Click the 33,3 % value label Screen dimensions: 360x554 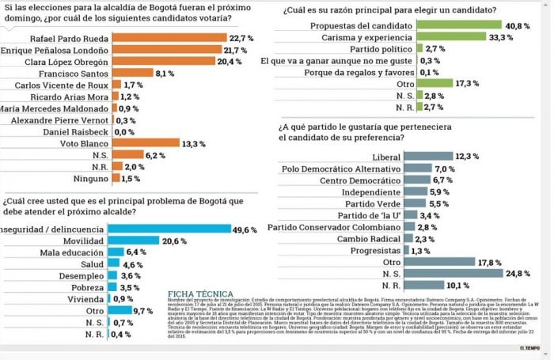tap(496, 37)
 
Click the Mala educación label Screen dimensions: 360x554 tap(70, 252)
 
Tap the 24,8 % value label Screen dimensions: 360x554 tap(519, 272)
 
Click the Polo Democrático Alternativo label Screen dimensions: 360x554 tap(340, 169)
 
